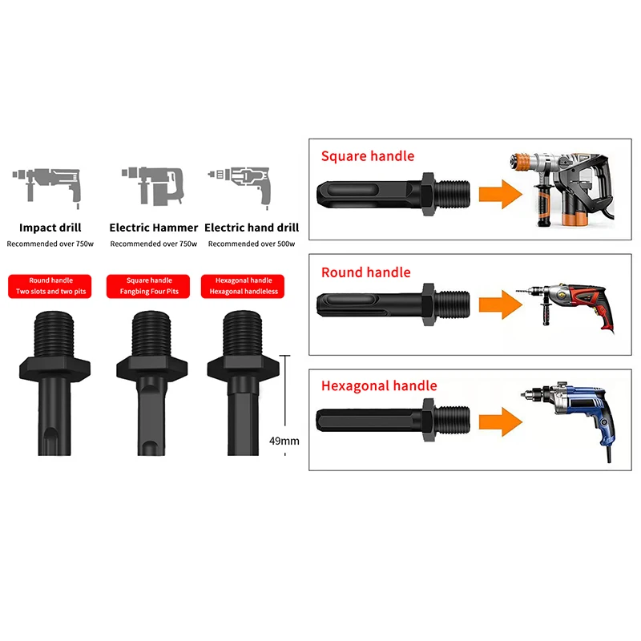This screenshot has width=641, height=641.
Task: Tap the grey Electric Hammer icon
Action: pyautogui.click(x=153, y=183)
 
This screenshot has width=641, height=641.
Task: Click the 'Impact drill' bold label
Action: pyautogui.click(x=50, y=228)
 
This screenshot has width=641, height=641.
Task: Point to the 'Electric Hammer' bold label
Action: pyautogui.click(x=154, y=228)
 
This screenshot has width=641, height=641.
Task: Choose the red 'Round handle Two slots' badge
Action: pyautogui.click(x=51, y=286)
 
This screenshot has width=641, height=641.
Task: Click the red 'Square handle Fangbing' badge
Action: pyautogui.click(x=149, y=286)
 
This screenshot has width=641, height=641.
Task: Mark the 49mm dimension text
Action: pyautogui.click(x=284, y=441)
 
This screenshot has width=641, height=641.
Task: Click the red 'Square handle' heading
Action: pyautogui.click(x=368, y=156)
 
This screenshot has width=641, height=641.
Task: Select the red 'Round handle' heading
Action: pyautogui.click(x=365, y=272)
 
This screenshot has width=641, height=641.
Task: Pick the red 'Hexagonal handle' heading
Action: pyautogui.click(x=379, y=385)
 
